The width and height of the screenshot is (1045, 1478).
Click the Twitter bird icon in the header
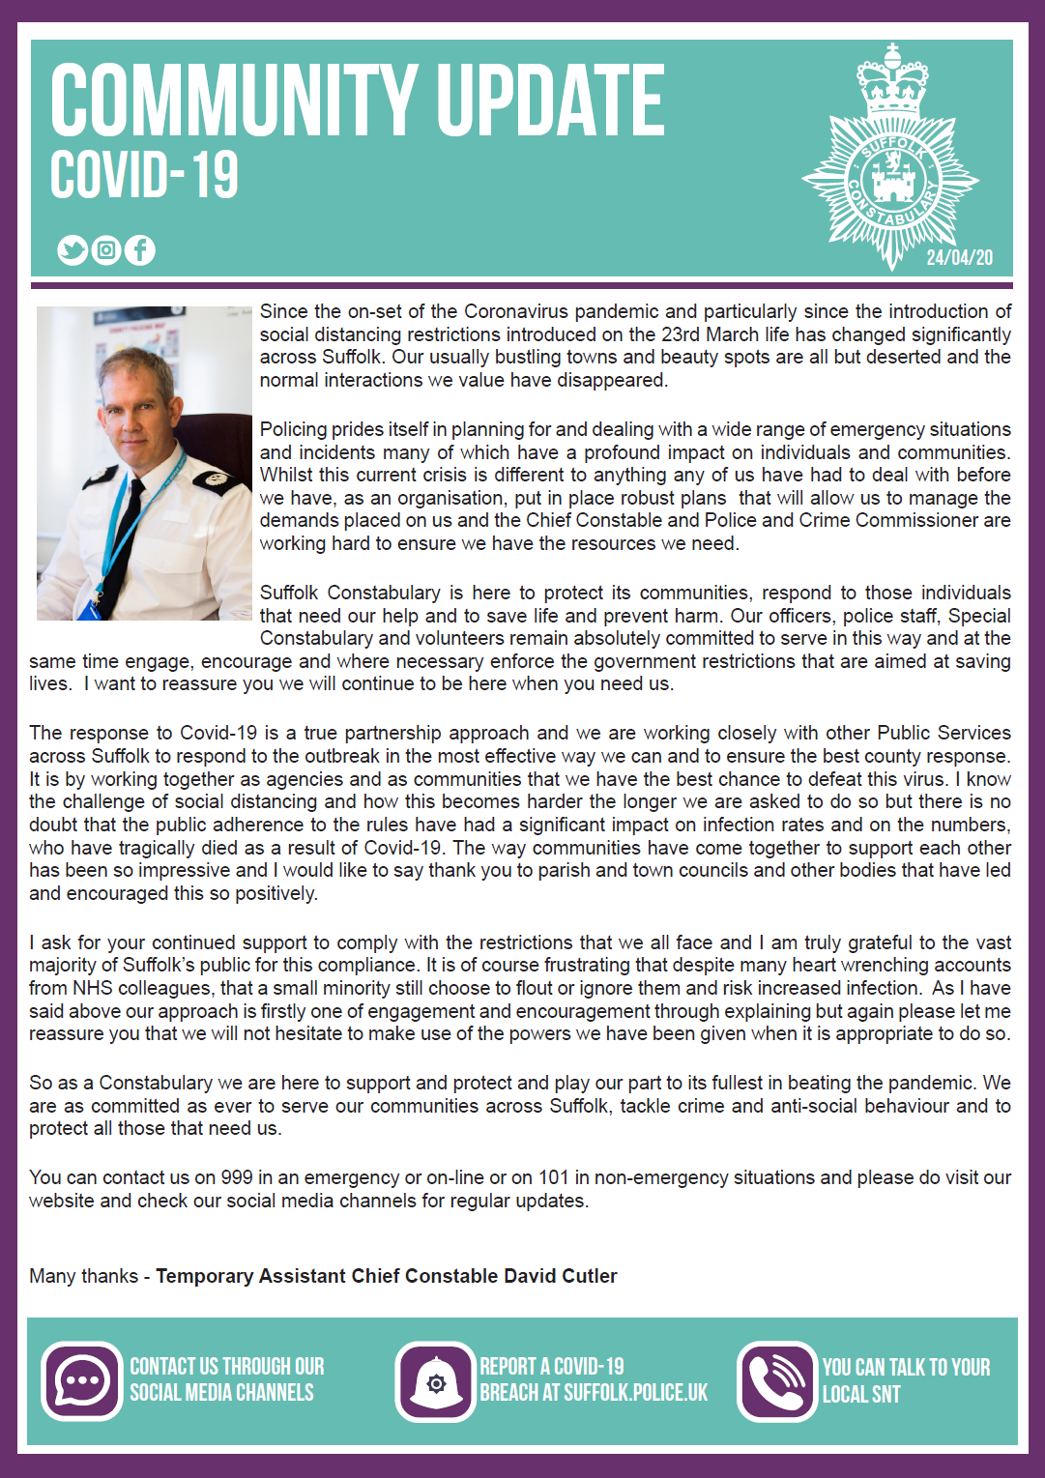coord(73,250)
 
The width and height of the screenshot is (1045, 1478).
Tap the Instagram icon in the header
coord(106,250)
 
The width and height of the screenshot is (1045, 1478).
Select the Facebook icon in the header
coord(139,250)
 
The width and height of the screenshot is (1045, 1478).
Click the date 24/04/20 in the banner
coord(959,257)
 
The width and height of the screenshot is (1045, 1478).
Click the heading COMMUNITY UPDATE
coord(357,101)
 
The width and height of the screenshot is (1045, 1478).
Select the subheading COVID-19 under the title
coord(144,175)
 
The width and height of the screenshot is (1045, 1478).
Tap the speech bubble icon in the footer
coord(81,1380)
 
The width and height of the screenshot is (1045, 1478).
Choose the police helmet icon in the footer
coord(436,1382)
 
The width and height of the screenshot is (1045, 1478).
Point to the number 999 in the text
coord(237,1177)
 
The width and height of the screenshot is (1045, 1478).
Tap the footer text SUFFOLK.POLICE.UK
coord(635,1393)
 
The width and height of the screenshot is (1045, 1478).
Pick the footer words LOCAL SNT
coord(861,1394)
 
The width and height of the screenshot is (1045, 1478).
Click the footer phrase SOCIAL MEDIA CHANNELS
coord(221,1393)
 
